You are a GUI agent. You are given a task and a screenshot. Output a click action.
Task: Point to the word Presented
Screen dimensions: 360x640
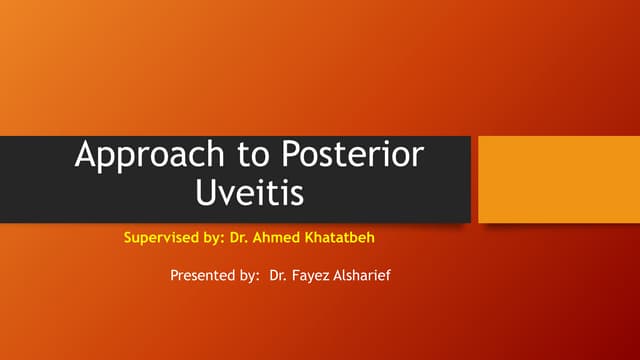(x=200, y=274)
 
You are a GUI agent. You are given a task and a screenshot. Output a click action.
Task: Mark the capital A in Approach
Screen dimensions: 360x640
(x=88, y=157)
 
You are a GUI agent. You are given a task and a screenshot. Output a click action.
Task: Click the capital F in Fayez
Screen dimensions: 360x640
(x=296, y=274)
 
